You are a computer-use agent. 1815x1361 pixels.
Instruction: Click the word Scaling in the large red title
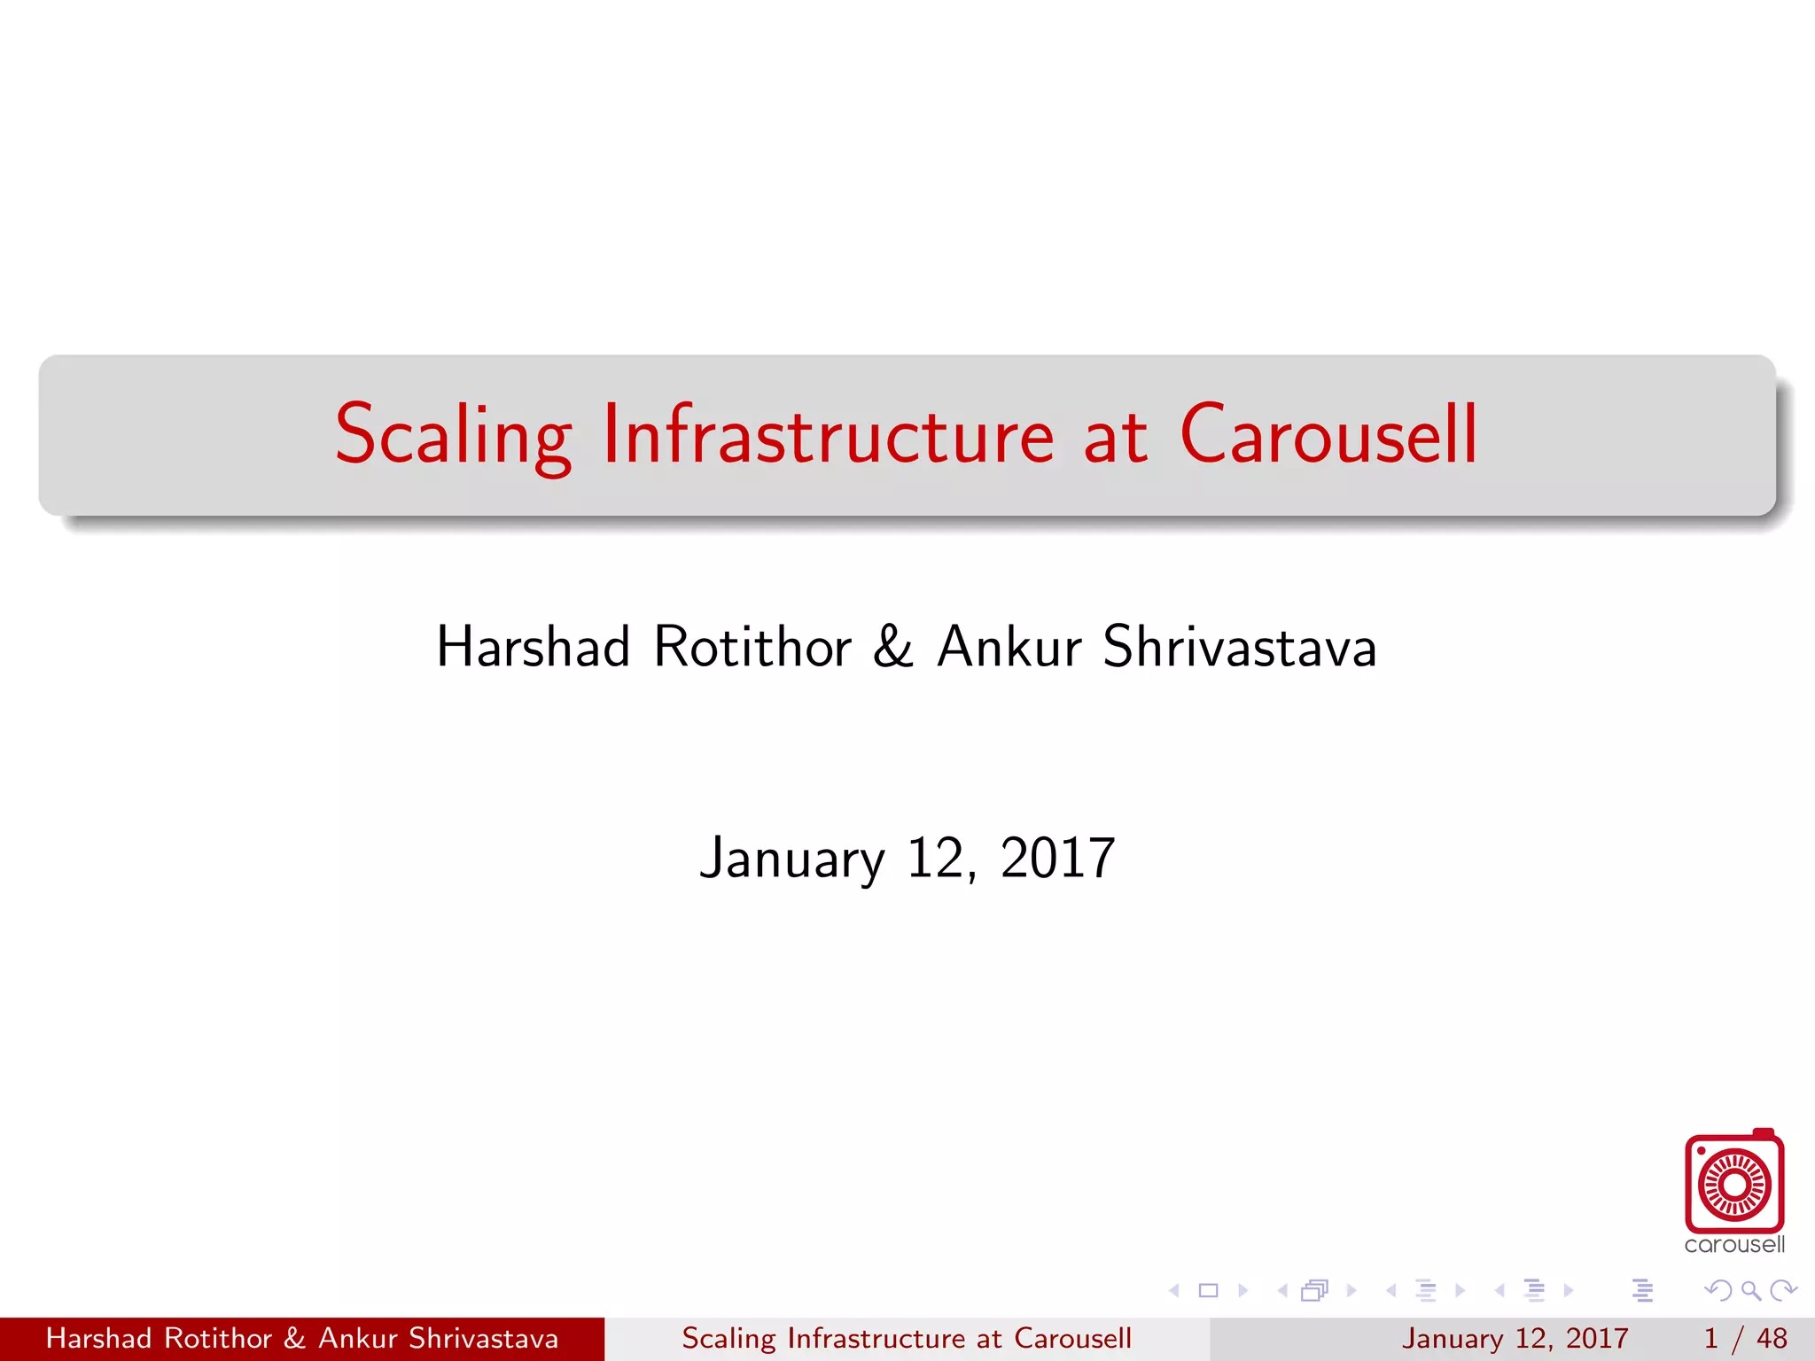click(452, 435)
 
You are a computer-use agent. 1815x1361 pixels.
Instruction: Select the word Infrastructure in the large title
click(828, 435)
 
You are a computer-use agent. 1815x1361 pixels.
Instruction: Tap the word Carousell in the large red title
click(1328, 435)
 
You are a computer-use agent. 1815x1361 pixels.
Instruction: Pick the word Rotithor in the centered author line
click(752, 647)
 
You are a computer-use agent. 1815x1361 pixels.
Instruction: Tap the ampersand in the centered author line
click(892, 647)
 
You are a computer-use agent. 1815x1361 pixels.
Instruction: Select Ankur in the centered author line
click(1009, 647)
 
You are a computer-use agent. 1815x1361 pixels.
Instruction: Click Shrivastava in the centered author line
click(1240, 647)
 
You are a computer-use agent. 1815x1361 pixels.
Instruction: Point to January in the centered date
click(791, 859)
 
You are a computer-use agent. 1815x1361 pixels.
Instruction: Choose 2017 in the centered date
click(1057, 858)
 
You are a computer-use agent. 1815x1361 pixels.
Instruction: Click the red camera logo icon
click(1734, 1184)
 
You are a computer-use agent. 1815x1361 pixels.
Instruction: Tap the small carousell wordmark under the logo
click(1734, 1245)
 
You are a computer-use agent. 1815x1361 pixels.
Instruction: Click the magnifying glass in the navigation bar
click(1750, 1290)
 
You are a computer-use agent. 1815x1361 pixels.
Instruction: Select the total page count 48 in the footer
click(1772, 1338)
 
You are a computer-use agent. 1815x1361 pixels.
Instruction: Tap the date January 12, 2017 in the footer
click(1515, 1338)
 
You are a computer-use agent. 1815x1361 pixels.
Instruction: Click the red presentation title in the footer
click(907, 1338)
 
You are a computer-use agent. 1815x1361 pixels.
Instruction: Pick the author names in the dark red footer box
click(302, 1338)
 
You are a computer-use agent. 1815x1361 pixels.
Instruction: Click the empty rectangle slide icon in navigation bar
click(1208, 1290)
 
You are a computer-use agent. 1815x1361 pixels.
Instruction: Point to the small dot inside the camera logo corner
click(1702, 1152)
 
